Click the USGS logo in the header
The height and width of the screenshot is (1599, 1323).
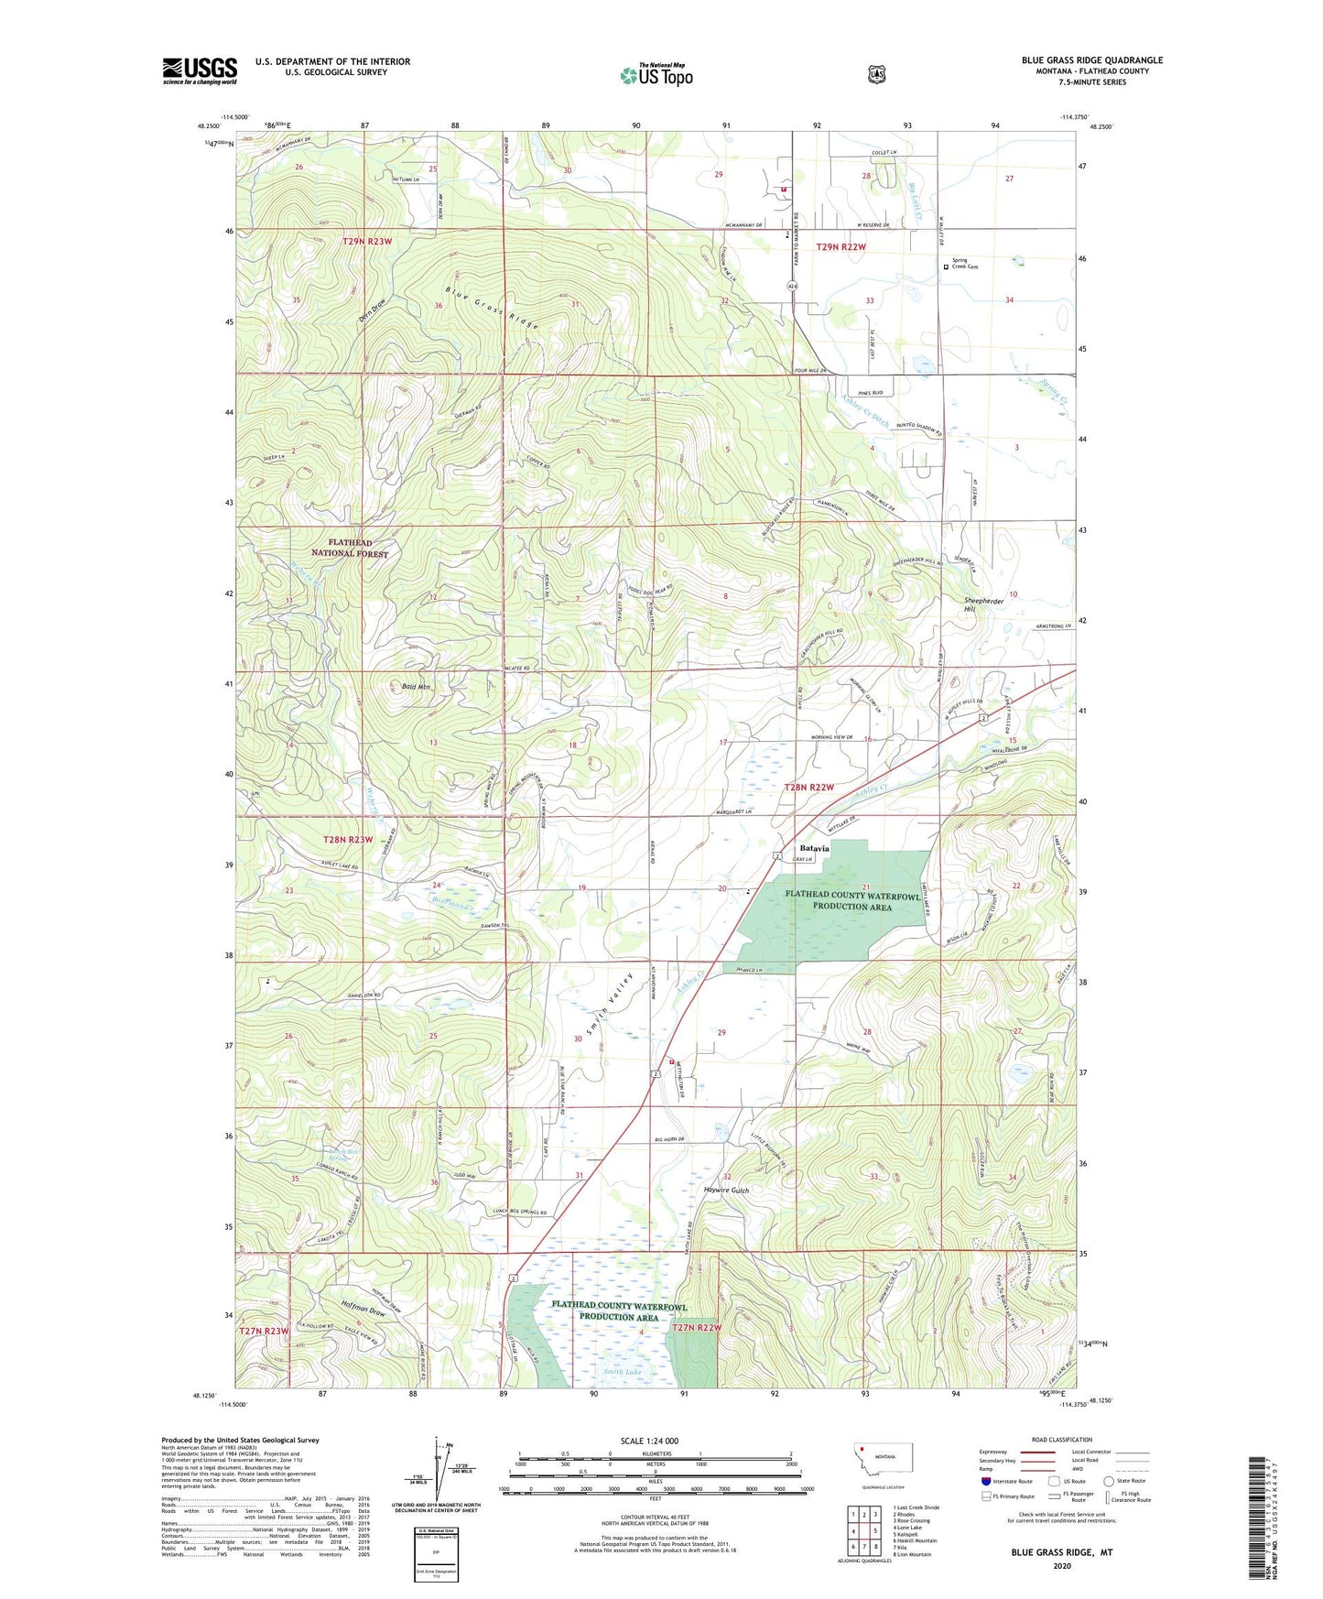coord(200,71)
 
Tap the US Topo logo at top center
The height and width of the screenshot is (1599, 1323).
coord(656,75)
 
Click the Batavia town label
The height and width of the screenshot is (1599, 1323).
coord(814,848)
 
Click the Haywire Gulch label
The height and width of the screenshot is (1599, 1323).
coord(726,1191)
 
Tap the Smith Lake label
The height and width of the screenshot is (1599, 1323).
coord(622,1372)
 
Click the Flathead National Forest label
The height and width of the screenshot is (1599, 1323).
coord(350,548)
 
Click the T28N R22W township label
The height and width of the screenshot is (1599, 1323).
coord(809,788)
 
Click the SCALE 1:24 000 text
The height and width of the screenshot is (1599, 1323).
coord(649,1441)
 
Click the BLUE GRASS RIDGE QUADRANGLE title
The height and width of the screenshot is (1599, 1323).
coord(1091,60)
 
